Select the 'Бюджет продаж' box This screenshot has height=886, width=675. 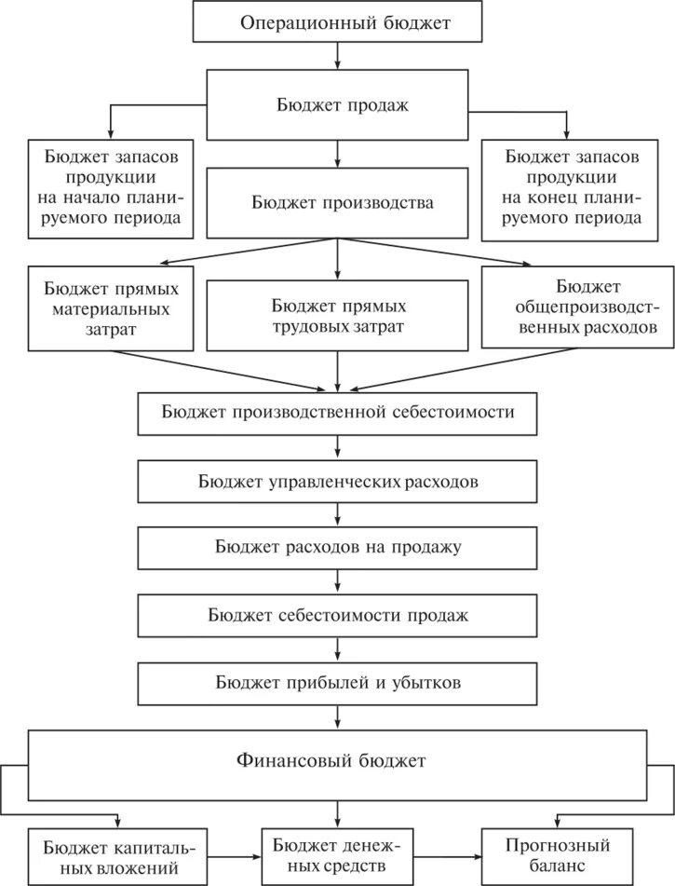(x=337, y=104)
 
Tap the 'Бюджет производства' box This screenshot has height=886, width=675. (x=337, y=200)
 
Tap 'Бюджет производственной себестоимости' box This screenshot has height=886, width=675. (x=337, y=412)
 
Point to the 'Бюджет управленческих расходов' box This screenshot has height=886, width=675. (x=337, y=483)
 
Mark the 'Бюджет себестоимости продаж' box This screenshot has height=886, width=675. (x=337, y=615)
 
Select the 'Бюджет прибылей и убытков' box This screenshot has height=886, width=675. (x=337, y=683)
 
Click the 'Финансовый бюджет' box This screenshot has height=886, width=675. (x=337, y=759)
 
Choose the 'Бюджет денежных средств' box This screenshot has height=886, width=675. (x=337, y=855)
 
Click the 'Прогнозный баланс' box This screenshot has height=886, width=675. (x=559, y=855)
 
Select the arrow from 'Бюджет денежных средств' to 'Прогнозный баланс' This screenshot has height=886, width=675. (x=445, y=855)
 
